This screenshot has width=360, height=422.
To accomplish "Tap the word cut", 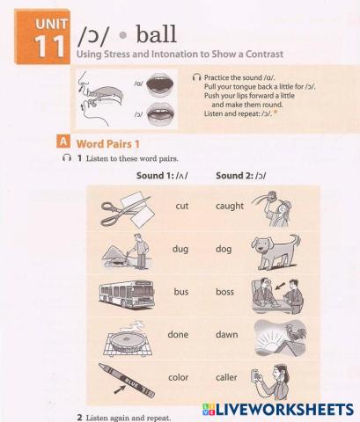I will (183, 206).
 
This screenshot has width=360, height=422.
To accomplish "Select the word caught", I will (230, 206).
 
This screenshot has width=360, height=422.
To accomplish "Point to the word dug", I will (180, 249).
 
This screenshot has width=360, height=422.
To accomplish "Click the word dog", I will (224, 249).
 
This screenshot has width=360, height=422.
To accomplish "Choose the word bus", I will (181, 291).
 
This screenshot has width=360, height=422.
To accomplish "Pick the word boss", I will (226, 291).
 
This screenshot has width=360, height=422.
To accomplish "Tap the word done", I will (179, 334).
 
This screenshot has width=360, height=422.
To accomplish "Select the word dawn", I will (227, 334).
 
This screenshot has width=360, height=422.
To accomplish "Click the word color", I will (179, 377).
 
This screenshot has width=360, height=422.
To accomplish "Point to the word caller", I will (228, 377).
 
